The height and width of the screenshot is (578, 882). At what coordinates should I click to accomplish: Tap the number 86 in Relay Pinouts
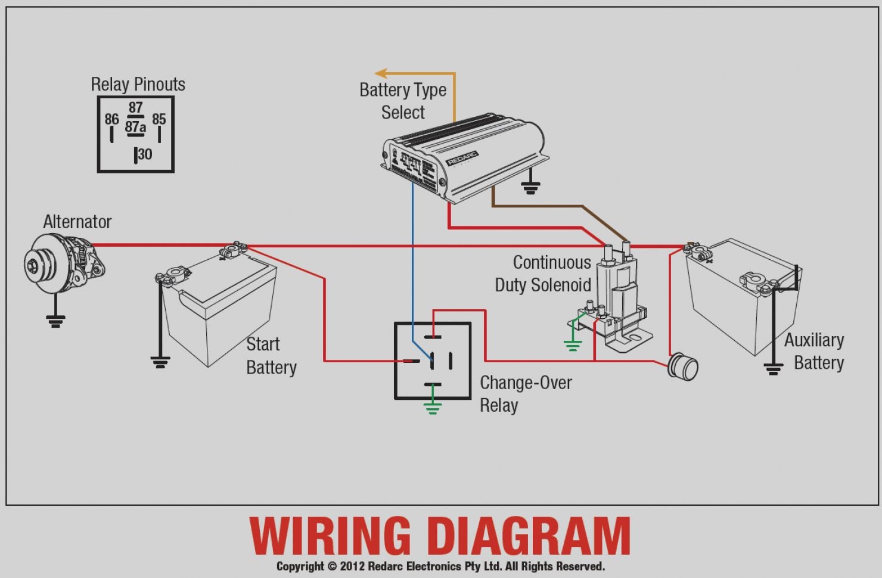[111, 119]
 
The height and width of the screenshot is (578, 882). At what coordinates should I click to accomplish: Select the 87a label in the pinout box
[135, 127]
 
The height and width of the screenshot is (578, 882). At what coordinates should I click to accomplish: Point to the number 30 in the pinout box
[145, 154]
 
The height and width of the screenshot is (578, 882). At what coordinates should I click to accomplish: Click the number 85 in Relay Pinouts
[159, 119]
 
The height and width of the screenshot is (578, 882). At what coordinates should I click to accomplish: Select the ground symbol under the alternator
[55, 322]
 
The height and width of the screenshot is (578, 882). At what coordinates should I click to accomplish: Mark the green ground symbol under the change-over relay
[433, 408]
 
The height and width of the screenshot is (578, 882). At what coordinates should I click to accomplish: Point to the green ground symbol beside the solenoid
[573, 344]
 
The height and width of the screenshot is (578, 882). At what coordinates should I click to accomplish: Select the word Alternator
[77, 222]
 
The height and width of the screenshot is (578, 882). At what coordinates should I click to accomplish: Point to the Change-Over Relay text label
[525, 394]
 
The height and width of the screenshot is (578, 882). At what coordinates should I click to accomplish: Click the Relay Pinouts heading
[138, 85]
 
